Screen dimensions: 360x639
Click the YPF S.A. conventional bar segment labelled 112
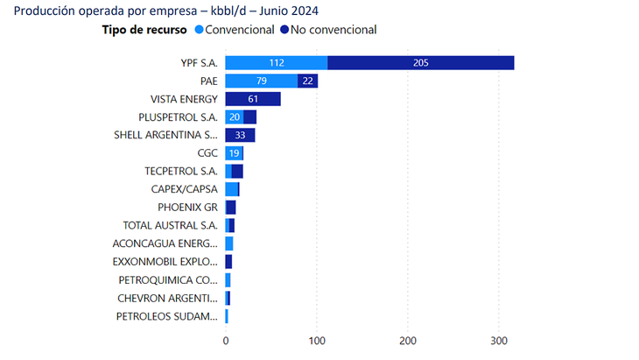(x=277, y=63)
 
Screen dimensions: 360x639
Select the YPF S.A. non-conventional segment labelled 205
(x=421, y=63)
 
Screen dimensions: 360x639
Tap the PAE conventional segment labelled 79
(x=261, y=81)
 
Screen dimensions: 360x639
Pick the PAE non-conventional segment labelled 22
(x=307, y=81)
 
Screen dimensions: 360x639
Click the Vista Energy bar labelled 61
(x=252, y=99)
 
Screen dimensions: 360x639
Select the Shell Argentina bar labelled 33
(x=240, y=135)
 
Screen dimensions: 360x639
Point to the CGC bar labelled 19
(x=234, y=153)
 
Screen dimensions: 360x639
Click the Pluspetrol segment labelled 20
(x=234, y=117)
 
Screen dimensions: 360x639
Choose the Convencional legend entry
(x=239, y=30)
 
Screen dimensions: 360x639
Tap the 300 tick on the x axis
(x=499, y=341)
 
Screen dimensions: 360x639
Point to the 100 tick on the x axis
(x=317, y=341)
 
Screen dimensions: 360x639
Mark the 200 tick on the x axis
(x=408, y=341)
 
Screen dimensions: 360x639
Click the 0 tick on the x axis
(x=226, y=341)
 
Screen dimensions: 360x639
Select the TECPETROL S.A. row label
(x=181, y=171)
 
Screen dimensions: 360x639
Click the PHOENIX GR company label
(x=187, y=207)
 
